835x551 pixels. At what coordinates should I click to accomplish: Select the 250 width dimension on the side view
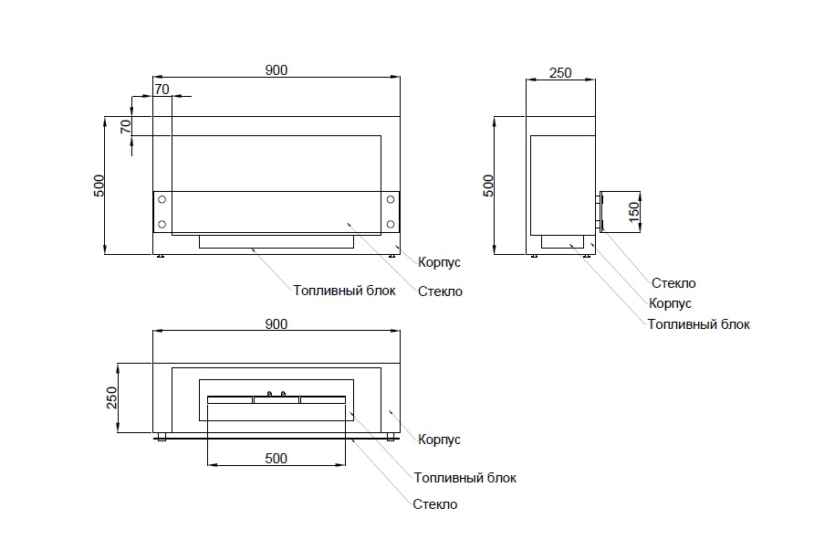coord(560,73)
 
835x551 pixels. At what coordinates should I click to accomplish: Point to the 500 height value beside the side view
coord(488,185)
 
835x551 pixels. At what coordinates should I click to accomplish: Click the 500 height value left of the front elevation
coord(99,185)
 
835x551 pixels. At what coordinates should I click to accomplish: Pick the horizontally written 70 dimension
coord(162,89)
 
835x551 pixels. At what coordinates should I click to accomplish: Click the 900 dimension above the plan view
coord(277,324)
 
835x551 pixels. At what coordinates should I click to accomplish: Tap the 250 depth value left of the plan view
coord(112,398)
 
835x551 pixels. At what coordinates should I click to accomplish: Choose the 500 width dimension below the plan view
coord(277,458)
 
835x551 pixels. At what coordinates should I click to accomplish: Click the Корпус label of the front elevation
coord(439,262)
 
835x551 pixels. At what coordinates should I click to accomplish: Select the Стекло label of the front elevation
coord(440,291)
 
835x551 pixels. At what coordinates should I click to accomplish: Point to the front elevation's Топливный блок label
coord(344,291)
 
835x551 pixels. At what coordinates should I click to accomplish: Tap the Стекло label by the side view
coord(673,283)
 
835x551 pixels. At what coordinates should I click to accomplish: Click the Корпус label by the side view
coord(670,303)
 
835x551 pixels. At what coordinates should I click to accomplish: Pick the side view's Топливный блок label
coord(698,323)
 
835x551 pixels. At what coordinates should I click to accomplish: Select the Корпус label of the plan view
coord(439,440)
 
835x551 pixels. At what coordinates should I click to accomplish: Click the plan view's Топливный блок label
coord(464,477)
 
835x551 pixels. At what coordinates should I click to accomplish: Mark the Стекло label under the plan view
coord(435,504)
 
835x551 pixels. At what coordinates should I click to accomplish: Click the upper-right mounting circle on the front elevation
coord(390,199)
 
